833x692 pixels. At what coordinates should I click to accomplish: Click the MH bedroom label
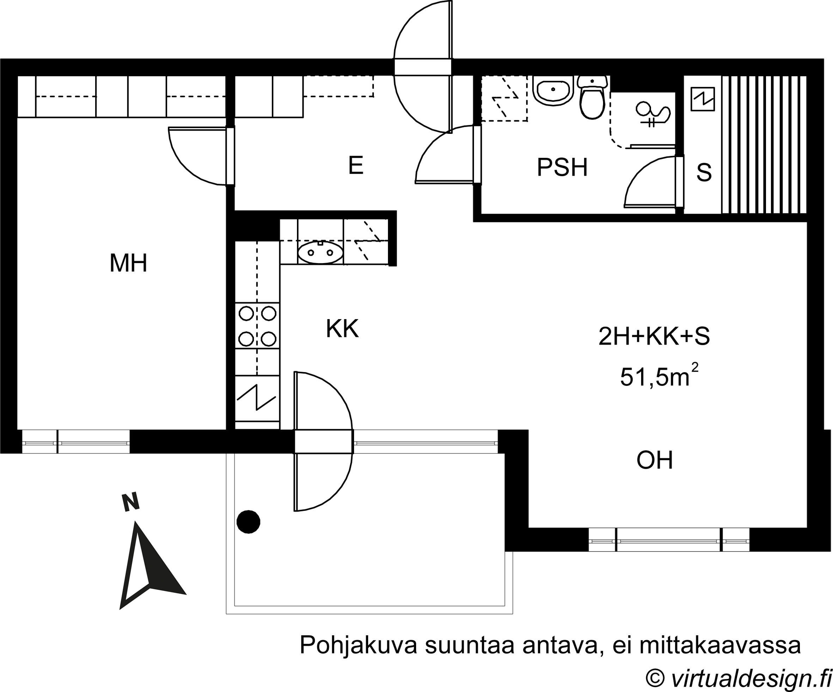tap(128, 263)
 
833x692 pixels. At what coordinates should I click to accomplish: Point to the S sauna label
tap(704, 172)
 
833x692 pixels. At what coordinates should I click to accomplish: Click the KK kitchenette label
tap(342, 329)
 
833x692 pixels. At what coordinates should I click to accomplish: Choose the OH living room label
tap(655, 460)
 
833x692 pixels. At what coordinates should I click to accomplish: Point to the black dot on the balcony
tap(248, 521)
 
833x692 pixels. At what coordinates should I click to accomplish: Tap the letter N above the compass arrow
tap(131, 502)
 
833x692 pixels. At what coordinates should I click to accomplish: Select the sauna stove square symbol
tap(703, 99)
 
